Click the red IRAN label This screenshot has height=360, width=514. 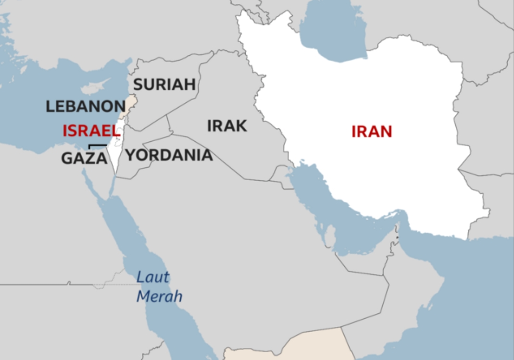pyautogui.click(x=372, y=131)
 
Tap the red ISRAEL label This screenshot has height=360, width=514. pyautogui.click(x=91, y=131)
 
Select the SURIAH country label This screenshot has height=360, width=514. pyautogui.click(x=164, y=85)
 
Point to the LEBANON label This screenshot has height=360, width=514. pyautogui.click(x=86, y=106)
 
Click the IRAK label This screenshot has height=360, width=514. pyautogui.click(x=227, y=126)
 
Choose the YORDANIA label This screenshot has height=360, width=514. pyautogui.click(x=169, y=155)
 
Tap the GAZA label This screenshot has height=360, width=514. pyautogui.click(x=84, y=158)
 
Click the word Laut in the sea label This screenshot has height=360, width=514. pyautogui.click(x=153, y=277)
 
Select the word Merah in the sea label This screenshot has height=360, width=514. pyautogui.click(x=159, y=296)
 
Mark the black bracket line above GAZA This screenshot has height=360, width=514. pyautogui.click(x=98, y=145)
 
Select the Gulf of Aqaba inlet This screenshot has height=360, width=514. pyautogui.click(x=112, y=185)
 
